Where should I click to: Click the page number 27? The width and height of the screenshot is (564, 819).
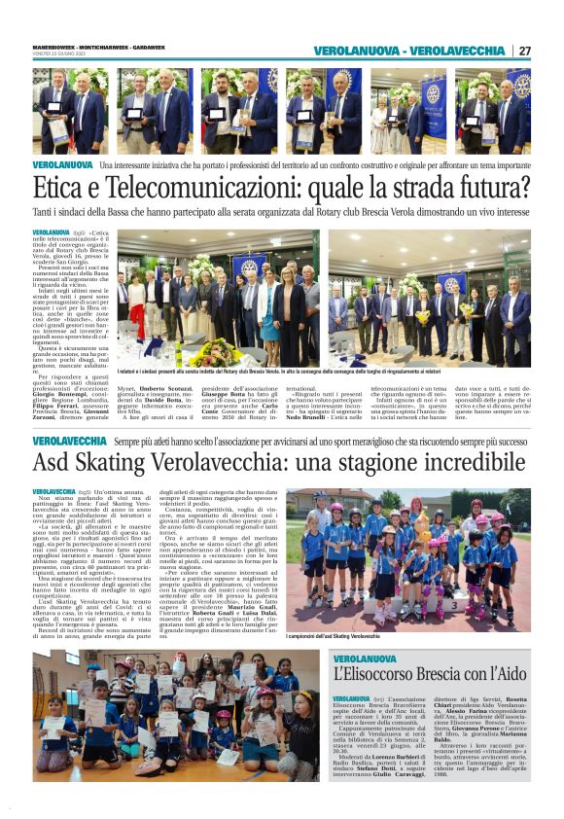[x=525, y=51]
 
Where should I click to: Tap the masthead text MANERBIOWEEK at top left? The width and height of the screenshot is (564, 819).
[x=54, y=48]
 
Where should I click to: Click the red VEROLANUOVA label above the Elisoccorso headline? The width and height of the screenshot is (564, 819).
[x=365, y=659]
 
